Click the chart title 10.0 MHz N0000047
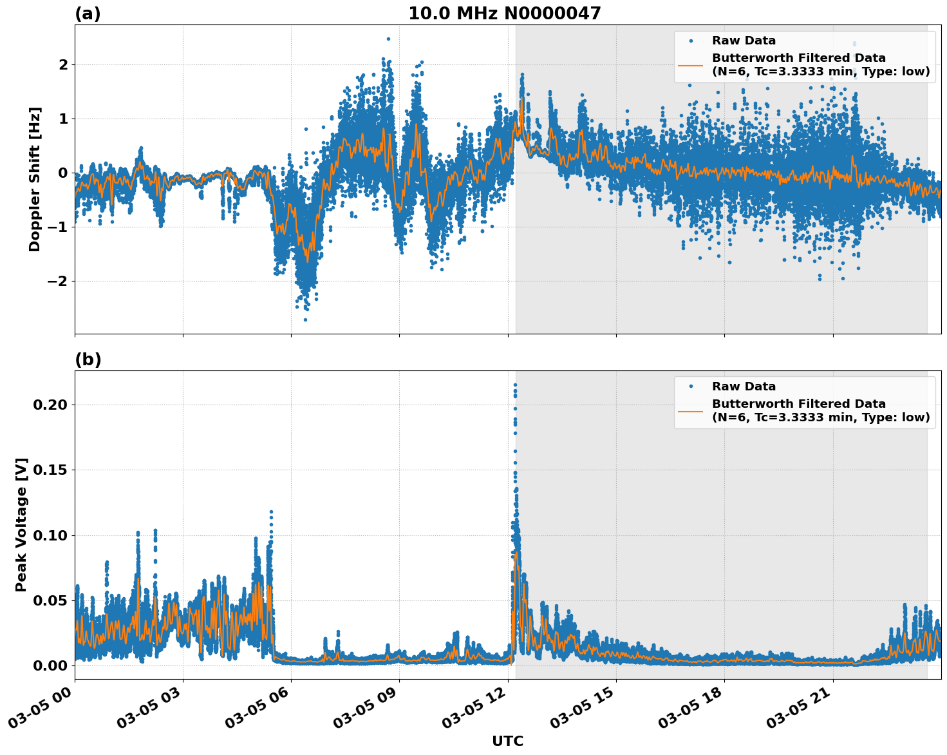tap(504, 14)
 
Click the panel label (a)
tap(88, 14)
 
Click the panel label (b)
tap(88, 359)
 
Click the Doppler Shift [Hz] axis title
tap(35, 179)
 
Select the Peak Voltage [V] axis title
tap(21, 524)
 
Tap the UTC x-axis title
tap(507, 741)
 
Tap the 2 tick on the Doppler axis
tap(63, 64)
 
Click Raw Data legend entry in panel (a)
tap(744, 41)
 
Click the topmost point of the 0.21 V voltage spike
tap(515, 385)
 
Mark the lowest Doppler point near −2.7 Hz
tap(305, 320)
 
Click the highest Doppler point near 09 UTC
tap(388, 39)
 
